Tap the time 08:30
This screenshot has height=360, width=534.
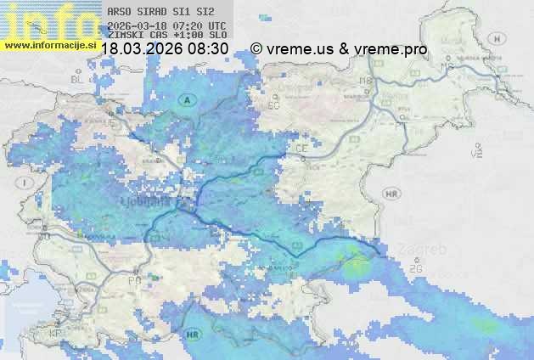208,49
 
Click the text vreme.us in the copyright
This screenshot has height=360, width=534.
301,49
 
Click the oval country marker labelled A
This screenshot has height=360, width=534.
187,99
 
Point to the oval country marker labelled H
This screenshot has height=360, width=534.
498,38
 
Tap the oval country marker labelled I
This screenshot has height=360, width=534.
26,183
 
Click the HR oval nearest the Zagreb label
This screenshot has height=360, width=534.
391,194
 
